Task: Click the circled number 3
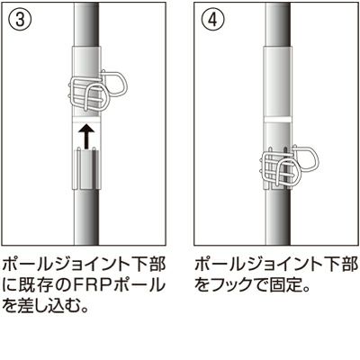point(20,20)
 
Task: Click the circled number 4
point(212,20)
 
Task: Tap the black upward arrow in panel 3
point(87,137)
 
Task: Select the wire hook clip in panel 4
point(290,167)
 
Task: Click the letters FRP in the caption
point(95,285)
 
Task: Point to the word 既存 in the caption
point(40,285)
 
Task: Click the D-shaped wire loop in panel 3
point(114,84)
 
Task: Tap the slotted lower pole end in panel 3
point(87,168)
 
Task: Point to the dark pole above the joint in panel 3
point(87,24)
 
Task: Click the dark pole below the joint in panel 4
point(278,218)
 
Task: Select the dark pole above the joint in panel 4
point(278,24)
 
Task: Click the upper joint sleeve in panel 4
point(278,82)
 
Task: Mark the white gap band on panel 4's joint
point(278,120)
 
